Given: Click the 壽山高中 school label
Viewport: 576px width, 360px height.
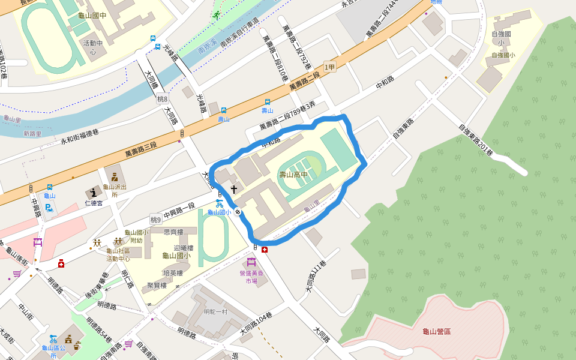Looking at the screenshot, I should point(293,175).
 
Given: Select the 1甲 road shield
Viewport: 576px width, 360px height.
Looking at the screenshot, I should point(329,67).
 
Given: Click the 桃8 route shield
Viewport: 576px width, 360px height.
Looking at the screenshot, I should point(162,98).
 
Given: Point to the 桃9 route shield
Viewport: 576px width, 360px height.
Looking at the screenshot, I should point(156,220).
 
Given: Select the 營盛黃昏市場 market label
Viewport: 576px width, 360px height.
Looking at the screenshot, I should point(252,276).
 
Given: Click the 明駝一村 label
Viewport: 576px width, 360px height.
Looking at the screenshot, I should point(216,311).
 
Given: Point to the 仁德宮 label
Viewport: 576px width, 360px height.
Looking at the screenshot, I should point(95,203).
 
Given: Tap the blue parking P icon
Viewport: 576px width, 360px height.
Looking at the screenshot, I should point(50,208).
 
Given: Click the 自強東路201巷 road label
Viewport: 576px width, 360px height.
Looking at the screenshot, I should point(475,140).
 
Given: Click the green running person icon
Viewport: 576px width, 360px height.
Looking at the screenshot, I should point(216,15).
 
